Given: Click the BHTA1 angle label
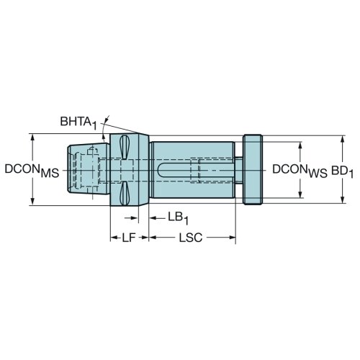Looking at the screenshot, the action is click(x=78, y=122).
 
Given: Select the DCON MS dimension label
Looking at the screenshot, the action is click(x=32, y=171).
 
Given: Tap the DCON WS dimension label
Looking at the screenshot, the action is click(x=300, y=171).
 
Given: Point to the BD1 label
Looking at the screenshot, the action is click(x=342, y=171).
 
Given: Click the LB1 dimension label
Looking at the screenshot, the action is click(x=178, y=218).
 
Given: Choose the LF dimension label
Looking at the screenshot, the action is click(x=129, y=238).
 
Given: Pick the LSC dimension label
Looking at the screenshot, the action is click(x=191, y=238).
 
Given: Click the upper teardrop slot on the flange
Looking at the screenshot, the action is click(x=125, y=147).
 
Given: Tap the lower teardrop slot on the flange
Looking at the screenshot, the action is click(x=125, y=193).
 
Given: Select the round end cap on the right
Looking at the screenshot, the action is click(x=253, y=169).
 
